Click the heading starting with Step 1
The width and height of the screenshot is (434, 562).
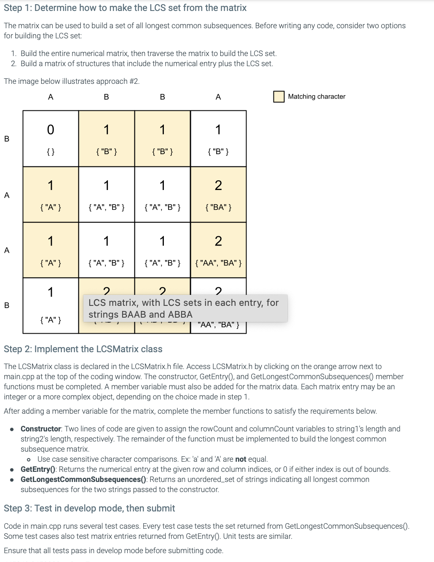tap(125, 8)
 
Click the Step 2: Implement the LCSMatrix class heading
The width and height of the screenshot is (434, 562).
tap(83, 349)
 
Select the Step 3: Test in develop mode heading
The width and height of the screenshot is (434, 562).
tap(89, 508)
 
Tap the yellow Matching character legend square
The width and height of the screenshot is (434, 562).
tap(279, 96)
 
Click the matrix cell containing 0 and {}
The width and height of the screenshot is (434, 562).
tap(51, 139)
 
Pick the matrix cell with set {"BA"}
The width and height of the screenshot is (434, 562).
tap(218, 195)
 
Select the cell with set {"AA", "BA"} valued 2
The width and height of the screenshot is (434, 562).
tap(218, 250)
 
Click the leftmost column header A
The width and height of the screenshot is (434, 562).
tap(51, 97)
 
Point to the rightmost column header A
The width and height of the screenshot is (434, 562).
tap(218, 97)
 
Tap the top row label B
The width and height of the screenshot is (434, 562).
tap(7, 139)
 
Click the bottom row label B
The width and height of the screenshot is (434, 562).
tap(7, 305)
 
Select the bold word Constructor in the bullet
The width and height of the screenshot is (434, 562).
tap(41, 429)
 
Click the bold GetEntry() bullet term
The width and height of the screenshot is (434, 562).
tap(39, 469)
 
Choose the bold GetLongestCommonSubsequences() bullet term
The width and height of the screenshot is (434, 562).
tap(83, 479)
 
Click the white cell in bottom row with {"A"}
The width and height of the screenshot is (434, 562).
tap(51, 306)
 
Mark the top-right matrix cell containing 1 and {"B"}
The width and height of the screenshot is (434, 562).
tap(218, 139)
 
